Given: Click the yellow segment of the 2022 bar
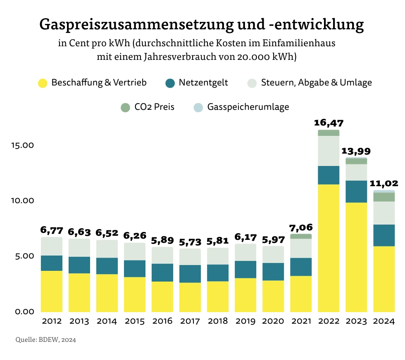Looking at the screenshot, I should point(329,248).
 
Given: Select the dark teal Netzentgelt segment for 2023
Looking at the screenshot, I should point(356,192).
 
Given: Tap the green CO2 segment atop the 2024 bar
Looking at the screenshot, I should point(384,197).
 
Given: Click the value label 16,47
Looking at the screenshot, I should point(329,123).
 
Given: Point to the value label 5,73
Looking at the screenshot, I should point(190,242).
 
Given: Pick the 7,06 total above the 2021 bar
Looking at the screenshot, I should point(301,227).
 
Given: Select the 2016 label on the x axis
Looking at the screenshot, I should point(162,321).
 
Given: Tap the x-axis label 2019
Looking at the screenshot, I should point(245,321).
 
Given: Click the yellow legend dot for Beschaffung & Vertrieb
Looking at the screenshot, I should point(43,83).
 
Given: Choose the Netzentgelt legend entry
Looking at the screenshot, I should point(203,83).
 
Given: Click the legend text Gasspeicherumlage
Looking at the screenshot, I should point(248,107).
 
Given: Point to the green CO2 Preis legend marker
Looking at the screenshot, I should point(125,107).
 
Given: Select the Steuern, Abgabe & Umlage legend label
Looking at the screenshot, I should point(317,83).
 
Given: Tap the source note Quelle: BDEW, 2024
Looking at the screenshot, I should point(46,340).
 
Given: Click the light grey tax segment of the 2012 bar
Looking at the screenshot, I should point(52,246).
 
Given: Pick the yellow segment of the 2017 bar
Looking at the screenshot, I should point(190,297).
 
